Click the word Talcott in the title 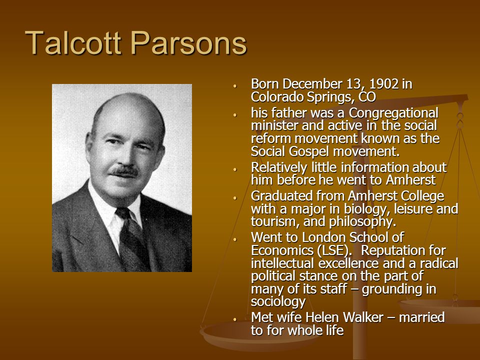click(x=73, y=42)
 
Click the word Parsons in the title click(x=189, y=42)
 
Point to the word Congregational click(x=393, y=113)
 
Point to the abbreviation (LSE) click(x=332, y=250)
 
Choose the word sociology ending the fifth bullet click(x=278, y=302)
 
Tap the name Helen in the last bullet click(x=320, y=317)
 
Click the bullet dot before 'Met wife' click(x=235, y=319)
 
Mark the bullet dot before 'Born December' click(x=235, y=86)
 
